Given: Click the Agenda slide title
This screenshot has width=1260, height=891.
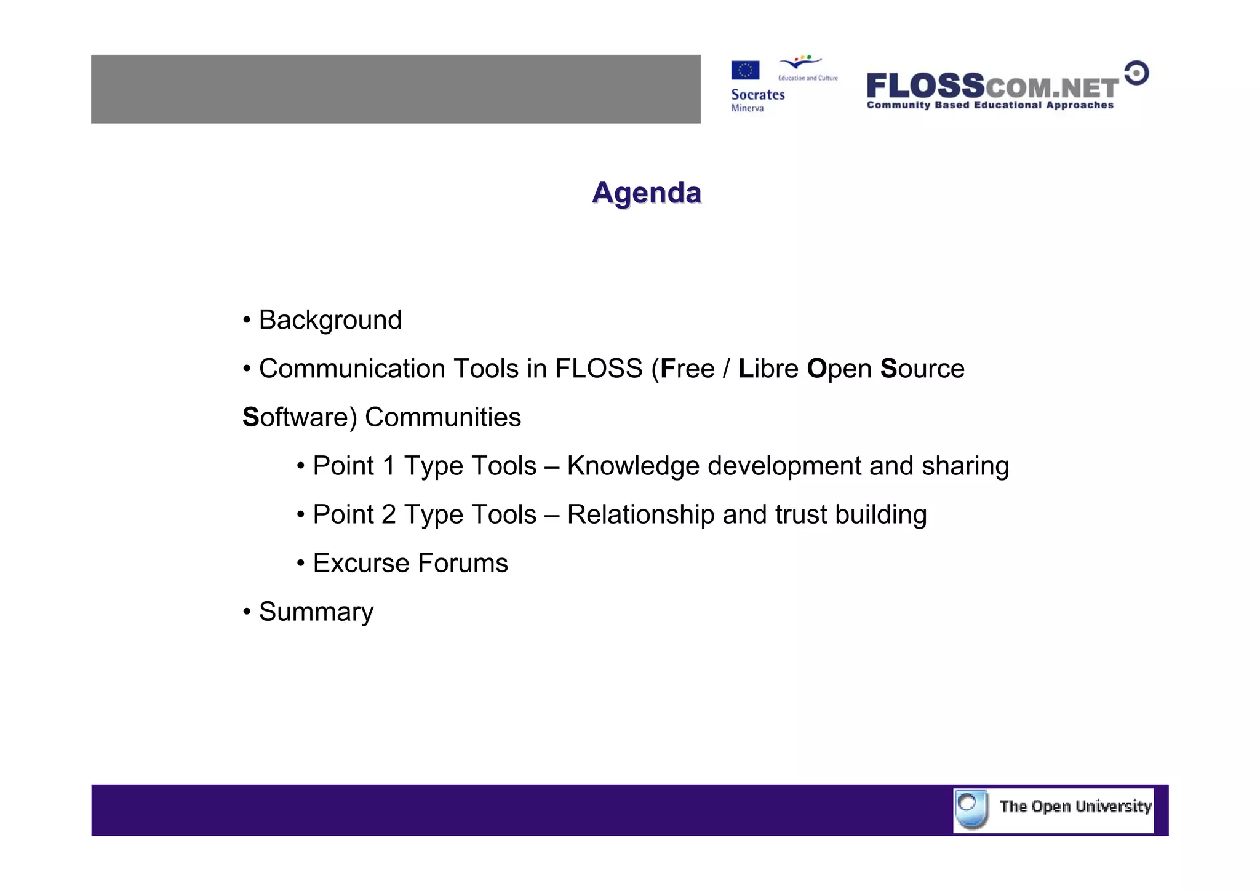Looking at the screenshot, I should [x=646, y=193].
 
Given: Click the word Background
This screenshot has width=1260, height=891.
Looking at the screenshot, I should [x=330, y=320].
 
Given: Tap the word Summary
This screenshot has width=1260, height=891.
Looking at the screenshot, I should [x=316, y=612].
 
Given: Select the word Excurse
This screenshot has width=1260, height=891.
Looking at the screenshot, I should [x=361, y=563].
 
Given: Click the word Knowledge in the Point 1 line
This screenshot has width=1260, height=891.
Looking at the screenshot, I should [x=633, y=466].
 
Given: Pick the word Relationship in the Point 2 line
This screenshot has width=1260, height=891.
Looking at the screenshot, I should [x=640, y=514].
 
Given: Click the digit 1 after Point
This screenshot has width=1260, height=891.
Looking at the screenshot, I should [x=389, y=466].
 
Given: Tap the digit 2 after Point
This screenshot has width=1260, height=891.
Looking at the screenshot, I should [x=389, y=514].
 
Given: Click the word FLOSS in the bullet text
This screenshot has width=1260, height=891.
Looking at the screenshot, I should [x=599, y=369].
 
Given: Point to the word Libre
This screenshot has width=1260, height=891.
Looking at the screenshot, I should [x=768, y=369].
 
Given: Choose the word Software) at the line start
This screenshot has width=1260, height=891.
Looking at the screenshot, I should [x=300, y=417].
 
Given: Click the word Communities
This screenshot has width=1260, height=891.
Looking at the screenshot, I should [x=443, y=417].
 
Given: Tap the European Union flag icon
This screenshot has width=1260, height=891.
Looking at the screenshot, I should [x=745, y=70].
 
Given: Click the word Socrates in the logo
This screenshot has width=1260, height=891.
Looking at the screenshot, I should [x=757, y=95].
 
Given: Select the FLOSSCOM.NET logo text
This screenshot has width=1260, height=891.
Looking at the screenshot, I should [x=992, y=87].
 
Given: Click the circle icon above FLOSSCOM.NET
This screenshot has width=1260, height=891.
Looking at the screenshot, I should [x=1136, y=73].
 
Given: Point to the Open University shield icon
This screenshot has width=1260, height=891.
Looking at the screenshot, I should [x=971, y=809].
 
